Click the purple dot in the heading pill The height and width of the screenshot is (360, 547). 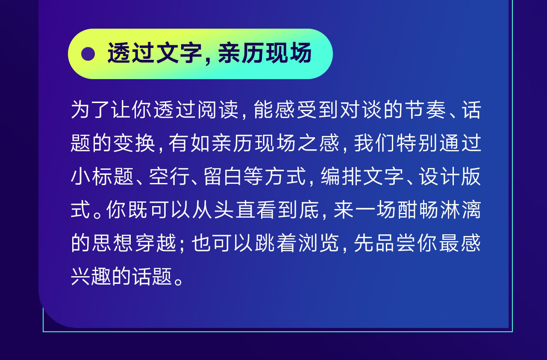(x=88, y=54)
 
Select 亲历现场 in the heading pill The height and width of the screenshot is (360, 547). (x=265, y=53)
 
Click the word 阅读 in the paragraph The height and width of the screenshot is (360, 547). (x=218, y=109)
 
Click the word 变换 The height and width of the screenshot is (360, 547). (x=134, y=143)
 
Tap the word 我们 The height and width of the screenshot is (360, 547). (x=375, y=143)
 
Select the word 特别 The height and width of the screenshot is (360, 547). (x=417, y=143)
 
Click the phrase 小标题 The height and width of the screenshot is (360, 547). (x=102, y=176)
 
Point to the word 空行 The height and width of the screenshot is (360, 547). (x=170, y=176)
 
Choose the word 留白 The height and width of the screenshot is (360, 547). (x=224, y=176)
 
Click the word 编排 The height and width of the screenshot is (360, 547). (x=341, y=176)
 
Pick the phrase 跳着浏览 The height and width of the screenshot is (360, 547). (x=297, y=243)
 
